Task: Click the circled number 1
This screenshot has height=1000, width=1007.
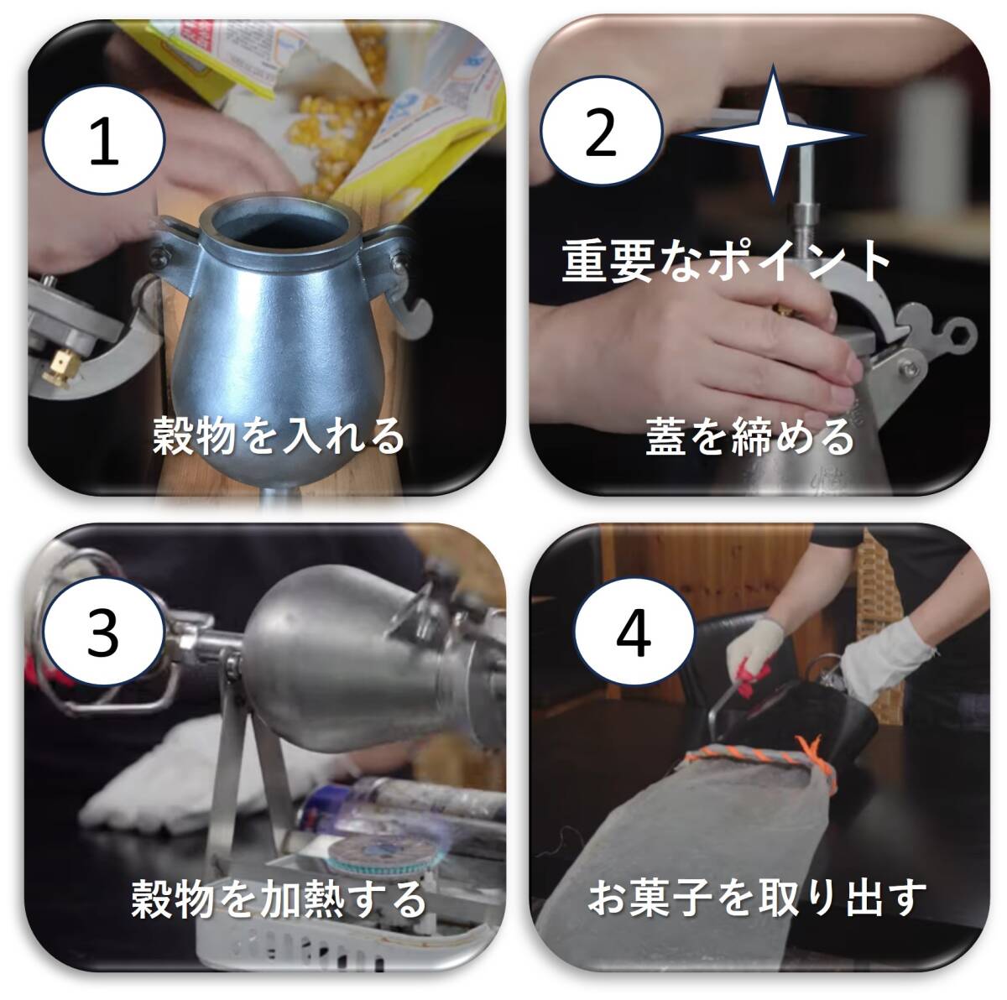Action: tap(104, 139)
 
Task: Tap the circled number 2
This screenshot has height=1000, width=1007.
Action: tap(601, 131)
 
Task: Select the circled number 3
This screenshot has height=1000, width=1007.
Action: tap(103, 633)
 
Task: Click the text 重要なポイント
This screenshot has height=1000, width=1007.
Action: tap(726, 261)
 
